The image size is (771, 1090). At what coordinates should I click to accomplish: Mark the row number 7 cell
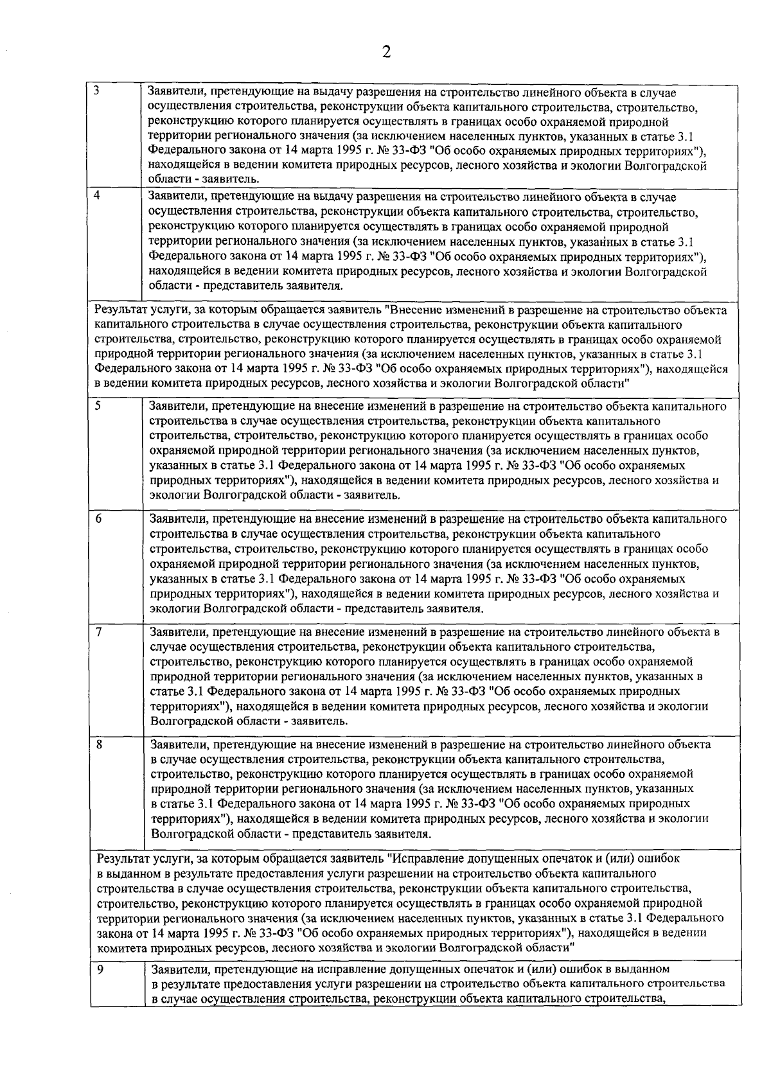click(x=99, y=631)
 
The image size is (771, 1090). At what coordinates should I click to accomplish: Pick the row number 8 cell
click(x=99, y=745)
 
